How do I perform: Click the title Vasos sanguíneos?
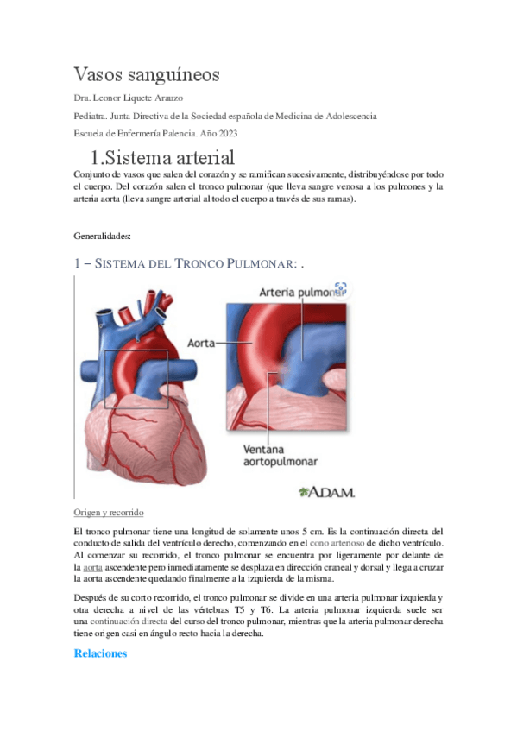coord(147,74)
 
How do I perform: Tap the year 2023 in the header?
coord(225,133)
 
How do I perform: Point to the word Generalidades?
coord(103,235)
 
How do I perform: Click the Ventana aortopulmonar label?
coord(277,457)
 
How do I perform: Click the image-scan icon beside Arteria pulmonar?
coord(339,289)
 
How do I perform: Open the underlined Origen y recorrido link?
coord(110,512)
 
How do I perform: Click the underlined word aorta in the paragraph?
coord(93,569)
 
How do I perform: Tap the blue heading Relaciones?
coord(100,653)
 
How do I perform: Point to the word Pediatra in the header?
coord(91,116)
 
